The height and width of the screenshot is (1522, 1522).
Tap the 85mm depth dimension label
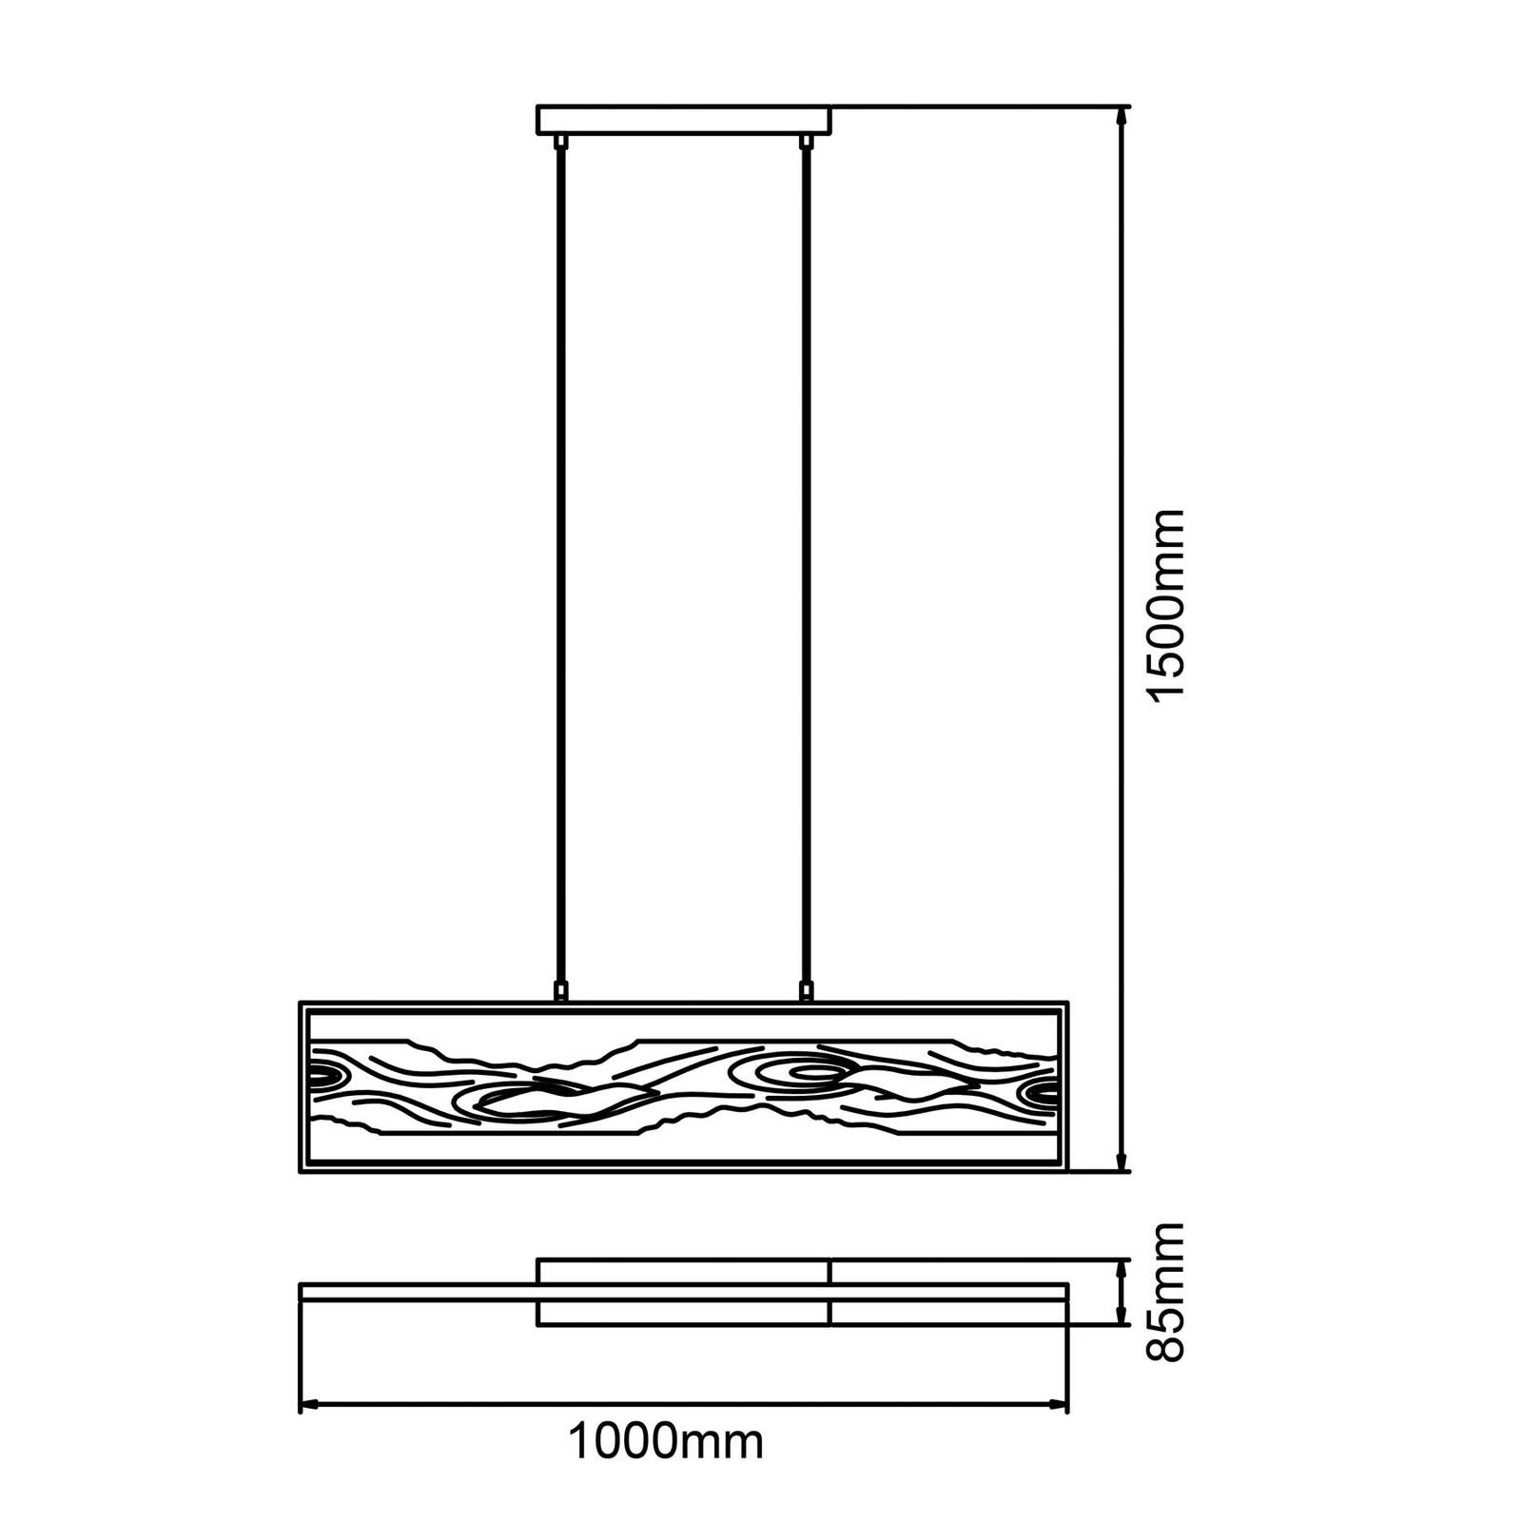(x=1166, y=1292)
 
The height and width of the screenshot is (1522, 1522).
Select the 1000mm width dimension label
(x=666, y=1442)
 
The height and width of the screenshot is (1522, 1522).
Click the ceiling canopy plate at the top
(x=684, y=120)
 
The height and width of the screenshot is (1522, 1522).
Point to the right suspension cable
(x=807, y=566)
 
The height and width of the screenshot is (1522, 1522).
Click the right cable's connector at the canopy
(x=807, y=142)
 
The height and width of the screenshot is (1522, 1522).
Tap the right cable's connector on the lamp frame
(x=807, y=992)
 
